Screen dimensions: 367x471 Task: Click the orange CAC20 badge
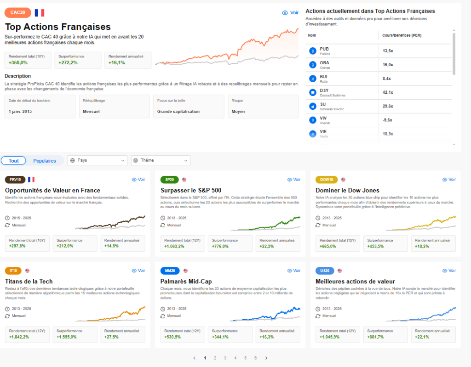tap(18, 12)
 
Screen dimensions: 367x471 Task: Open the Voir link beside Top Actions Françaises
tap(290, 13)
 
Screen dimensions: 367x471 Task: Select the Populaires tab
tap(45, 161)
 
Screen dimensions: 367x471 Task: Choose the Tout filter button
tap(14, 161)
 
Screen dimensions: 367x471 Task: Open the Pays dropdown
tap(98, 160)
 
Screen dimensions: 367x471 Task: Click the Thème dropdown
tap(161, 160)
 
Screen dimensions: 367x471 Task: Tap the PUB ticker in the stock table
tap(324, 49)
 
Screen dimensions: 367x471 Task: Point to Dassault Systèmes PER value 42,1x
tap(388, 92)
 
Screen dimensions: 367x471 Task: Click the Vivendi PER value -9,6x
tap(387, 120)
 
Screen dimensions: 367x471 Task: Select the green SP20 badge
tap(170, 180)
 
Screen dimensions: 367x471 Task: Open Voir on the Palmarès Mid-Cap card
tap(294, 271)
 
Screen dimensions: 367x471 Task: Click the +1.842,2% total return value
tap(19, 337)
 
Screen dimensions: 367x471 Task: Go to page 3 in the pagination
tap(225, 358)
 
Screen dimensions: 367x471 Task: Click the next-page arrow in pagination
tap(266, 358)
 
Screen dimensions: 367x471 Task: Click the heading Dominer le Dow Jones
tap(347, 190)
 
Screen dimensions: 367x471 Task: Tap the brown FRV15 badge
tap(15, 180)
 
